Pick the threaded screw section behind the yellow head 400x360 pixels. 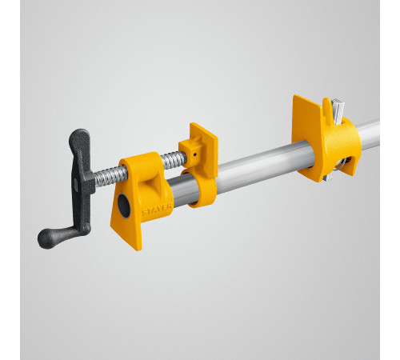171,159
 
